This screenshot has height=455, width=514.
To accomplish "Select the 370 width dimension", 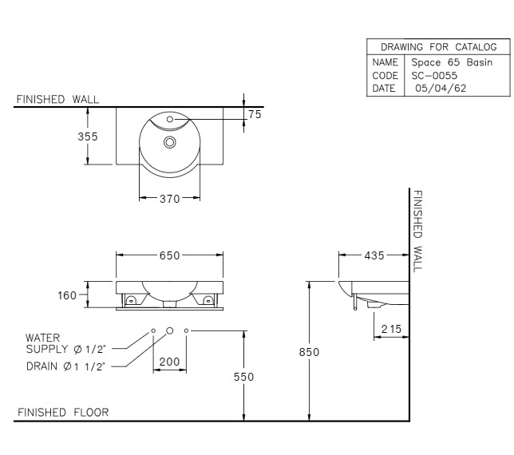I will coord(168,198).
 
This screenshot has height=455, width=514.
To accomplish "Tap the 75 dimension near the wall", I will coord(255,114).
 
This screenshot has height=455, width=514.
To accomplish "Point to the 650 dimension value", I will coord(168,255).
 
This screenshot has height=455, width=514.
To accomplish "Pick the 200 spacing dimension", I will coord(170,362).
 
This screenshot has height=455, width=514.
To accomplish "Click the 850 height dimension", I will coord(298,351).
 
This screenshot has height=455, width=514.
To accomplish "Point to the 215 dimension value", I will coord(391,329).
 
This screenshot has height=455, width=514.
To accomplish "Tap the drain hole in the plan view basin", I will coord(168,142).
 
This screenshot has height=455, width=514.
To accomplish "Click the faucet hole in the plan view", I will coord(168,121).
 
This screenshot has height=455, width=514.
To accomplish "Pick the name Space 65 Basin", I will coord(451,62).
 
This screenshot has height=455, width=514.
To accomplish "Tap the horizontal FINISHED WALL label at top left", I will coord(57,99).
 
